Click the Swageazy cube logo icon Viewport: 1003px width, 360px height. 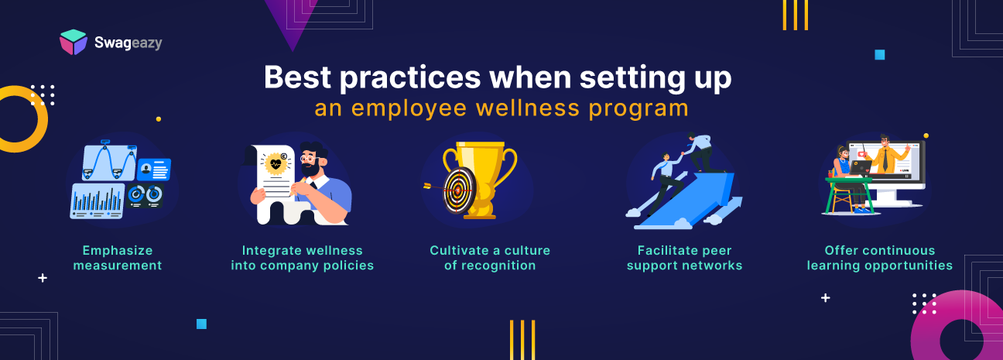74,42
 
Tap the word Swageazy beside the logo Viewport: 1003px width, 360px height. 127,43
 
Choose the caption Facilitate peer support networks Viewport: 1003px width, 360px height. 684,258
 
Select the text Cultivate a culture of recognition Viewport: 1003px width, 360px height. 490,258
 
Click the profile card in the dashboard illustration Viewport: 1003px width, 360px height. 154,169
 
